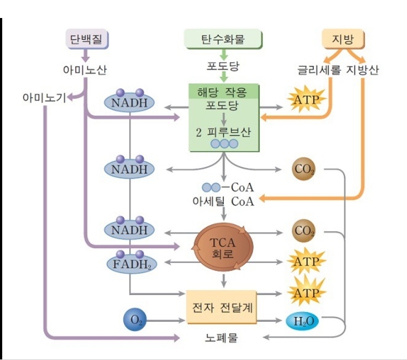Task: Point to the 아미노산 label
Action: click(x=85, y=69)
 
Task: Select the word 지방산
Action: click(x=363, y=69)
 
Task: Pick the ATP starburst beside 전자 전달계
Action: click(x=306, y=293)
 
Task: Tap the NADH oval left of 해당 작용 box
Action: click(x=130, y=101)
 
